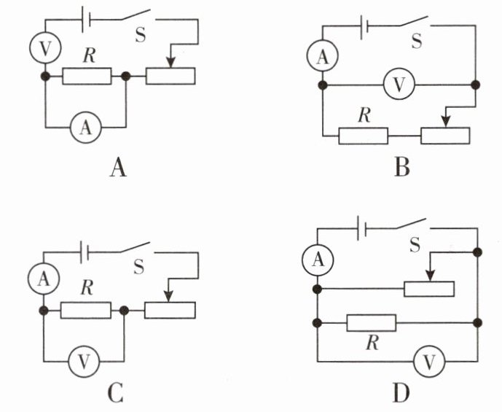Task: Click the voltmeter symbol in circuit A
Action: (x=45, y=48)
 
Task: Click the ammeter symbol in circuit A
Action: (x=86, y=128)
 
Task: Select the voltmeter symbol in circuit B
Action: (x=399, y=85)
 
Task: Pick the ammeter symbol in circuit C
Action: (x=44, y=276)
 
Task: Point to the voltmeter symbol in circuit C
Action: (x=84, y=359)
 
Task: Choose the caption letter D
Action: (x=400, y=393)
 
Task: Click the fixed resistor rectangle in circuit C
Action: (x=85, y=311)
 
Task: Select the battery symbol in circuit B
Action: (x=364, y=28)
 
